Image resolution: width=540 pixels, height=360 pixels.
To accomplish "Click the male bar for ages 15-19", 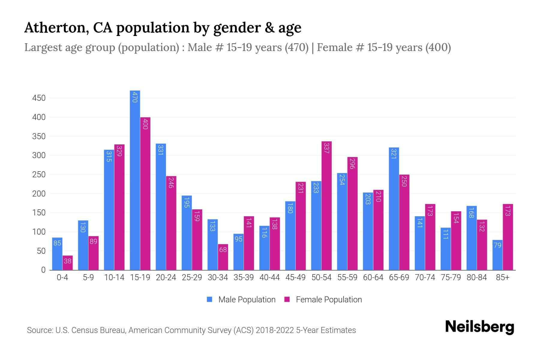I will point(135,180).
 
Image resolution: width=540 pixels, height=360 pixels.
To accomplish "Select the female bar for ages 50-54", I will point(326,205).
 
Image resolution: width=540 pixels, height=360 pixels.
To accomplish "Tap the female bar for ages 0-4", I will point(67,263).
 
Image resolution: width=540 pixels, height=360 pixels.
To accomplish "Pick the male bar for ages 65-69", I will point(394,208).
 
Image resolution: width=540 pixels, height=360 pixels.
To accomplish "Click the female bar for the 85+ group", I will point(508,237).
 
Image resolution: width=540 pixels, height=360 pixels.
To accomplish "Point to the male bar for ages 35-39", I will point(238,252).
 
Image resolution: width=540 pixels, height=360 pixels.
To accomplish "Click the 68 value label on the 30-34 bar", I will point(223,250).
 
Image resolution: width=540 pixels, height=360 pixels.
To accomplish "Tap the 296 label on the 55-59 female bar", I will point(352,163).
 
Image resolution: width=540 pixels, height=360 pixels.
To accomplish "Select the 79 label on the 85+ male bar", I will point(497,245).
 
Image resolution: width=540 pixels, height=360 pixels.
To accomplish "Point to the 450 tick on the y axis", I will point(39,98).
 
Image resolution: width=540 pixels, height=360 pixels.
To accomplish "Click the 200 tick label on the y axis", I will point(39,194).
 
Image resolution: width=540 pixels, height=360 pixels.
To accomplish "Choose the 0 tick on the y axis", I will point(43,270).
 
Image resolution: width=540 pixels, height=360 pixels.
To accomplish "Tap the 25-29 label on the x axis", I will point(192,277).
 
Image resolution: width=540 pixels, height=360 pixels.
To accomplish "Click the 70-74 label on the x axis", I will point(425,277).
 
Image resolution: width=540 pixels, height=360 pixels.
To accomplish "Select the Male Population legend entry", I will point(247,300).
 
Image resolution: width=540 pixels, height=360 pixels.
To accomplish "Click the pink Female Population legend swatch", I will point(287,299).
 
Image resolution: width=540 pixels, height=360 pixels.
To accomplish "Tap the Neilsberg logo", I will point(479,327).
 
